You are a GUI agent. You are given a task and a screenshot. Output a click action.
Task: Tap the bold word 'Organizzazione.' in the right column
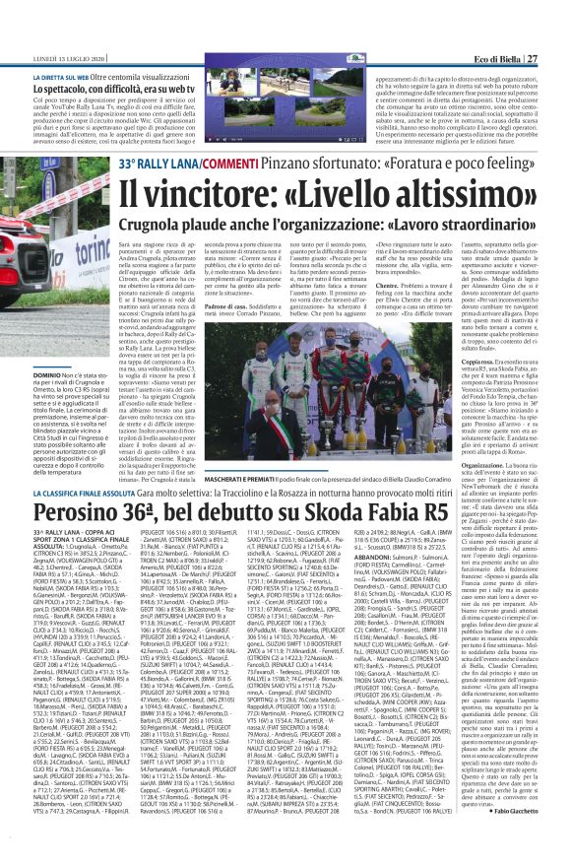click(x=486, y=433)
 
